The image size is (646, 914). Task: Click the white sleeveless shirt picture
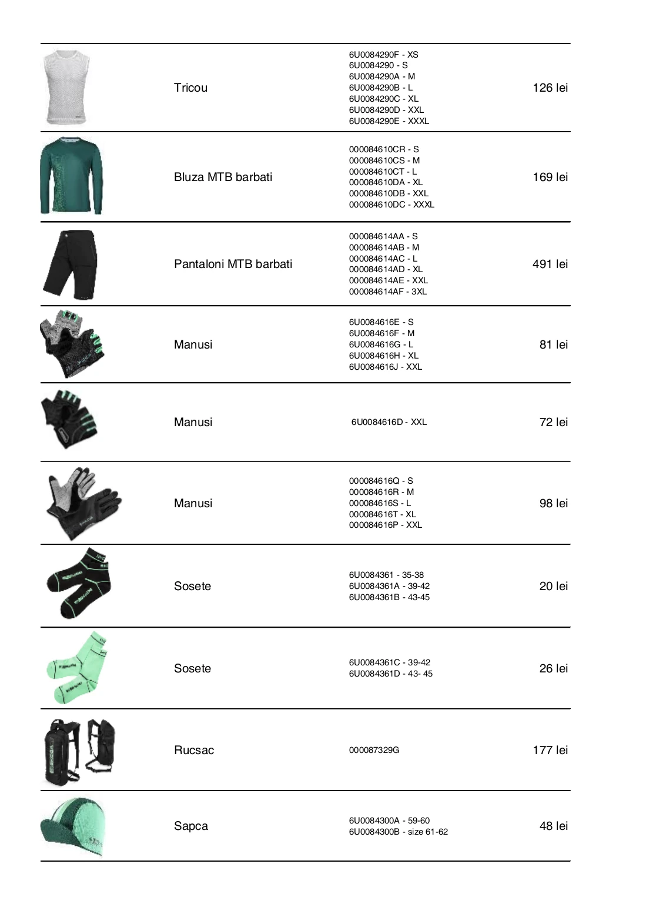point(67,88)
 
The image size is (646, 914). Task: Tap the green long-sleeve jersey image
point(71,176)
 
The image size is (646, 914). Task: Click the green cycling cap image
point(73,826)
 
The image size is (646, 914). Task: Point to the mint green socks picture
point(78,668)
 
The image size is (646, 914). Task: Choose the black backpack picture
point(79,751)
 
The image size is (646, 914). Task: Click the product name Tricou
point(190,88)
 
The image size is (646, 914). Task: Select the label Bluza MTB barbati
point(223,177)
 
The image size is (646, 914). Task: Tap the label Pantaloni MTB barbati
point(233,264)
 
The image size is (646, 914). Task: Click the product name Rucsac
point(194,750)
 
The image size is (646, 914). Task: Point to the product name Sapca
point(191,826)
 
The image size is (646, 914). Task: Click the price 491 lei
point(550,264)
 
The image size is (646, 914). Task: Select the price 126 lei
point(550,88)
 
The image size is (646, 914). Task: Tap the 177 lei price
point(550,750)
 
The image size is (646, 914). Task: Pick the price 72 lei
point(554,422)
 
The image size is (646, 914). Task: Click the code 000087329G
point(374,750)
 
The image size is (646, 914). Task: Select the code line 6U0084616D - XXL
point(389,422)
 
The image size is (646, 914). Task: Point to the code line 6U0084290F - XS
point(383,55)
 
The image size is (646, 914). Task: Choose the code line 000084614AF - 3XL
point(388,292)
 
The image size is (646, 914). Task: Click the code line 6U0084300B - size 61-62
point(398,832)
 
